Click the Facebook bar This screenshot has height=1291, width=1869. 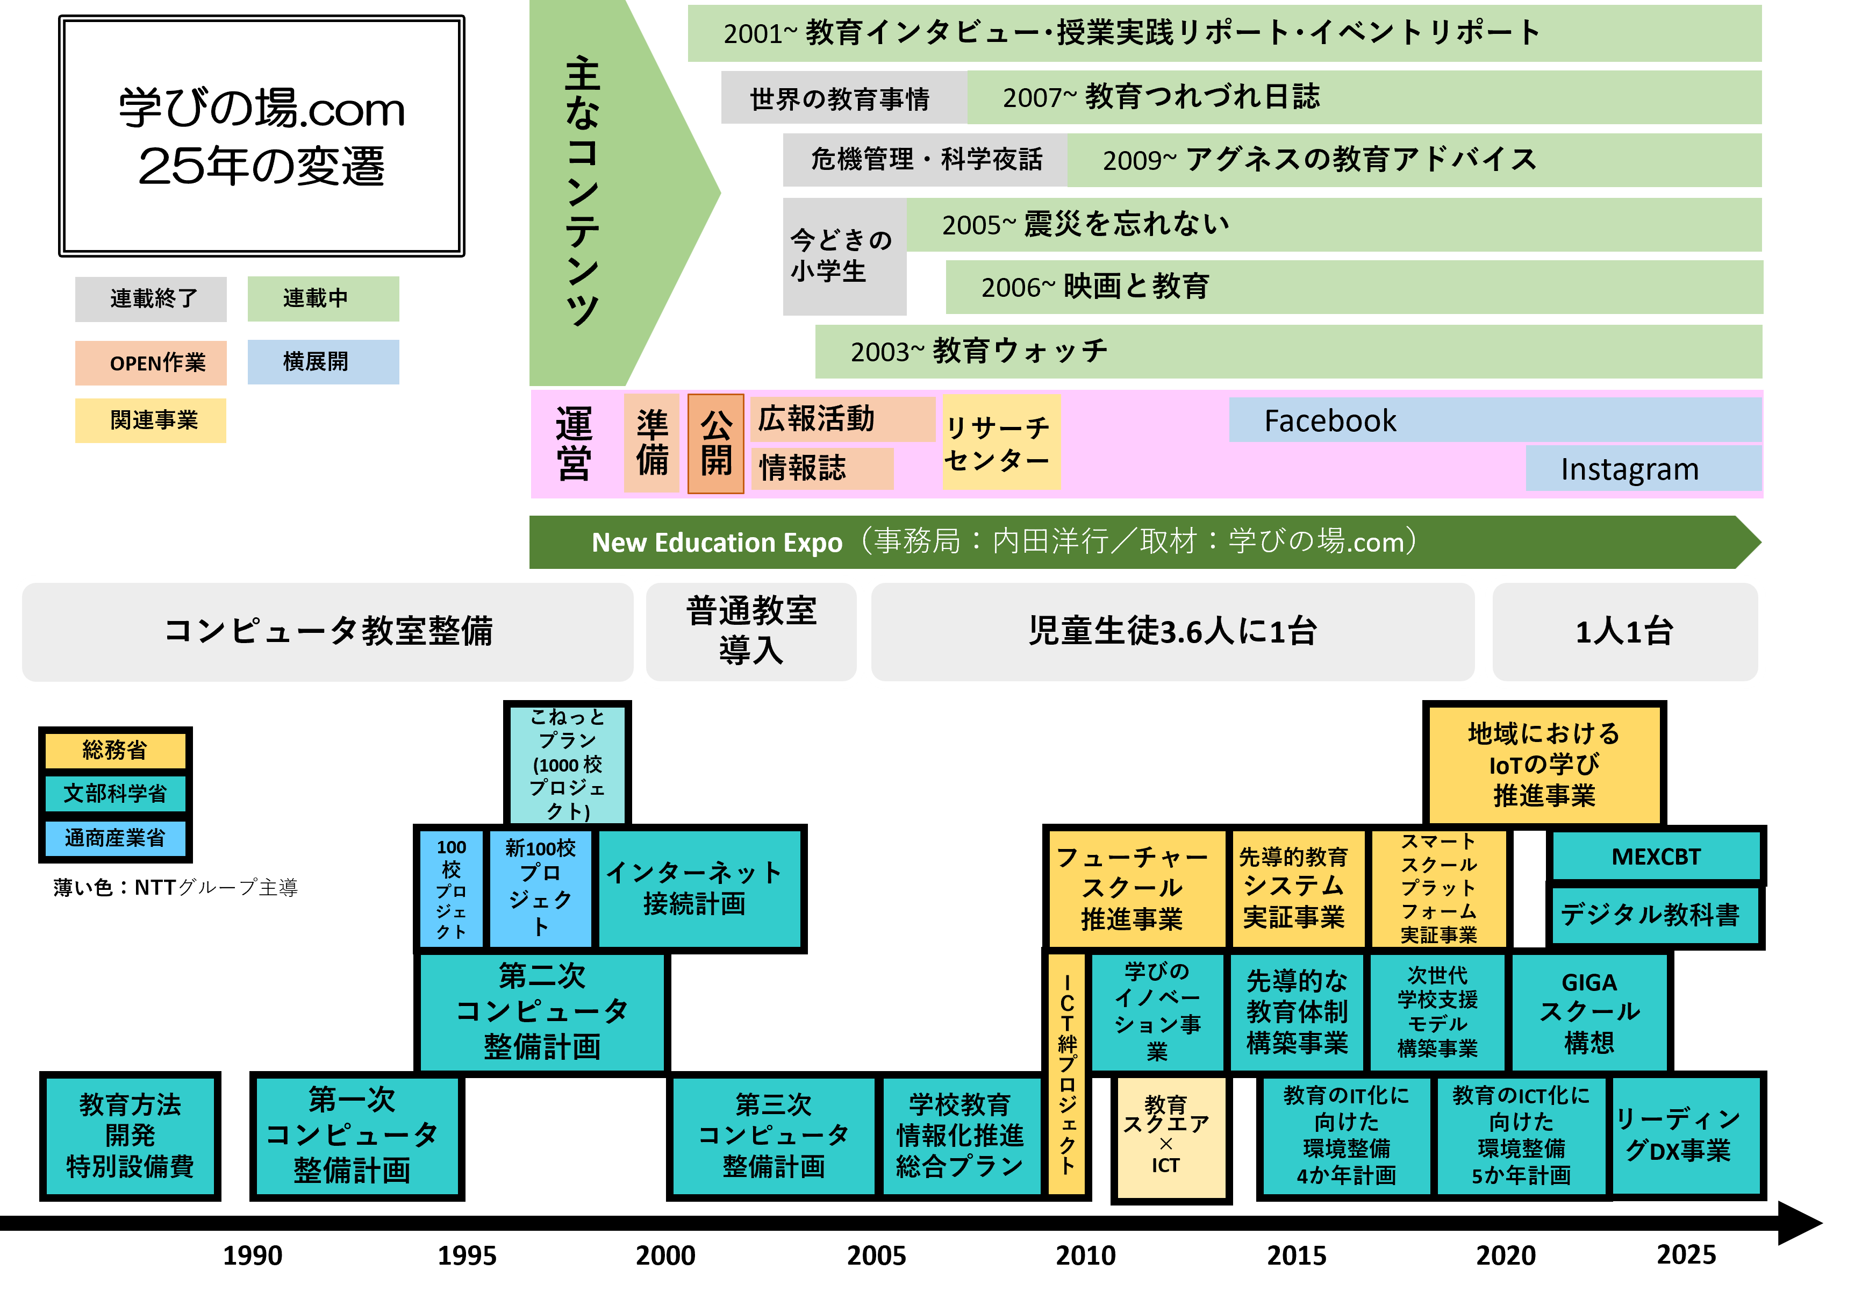(1494, 420)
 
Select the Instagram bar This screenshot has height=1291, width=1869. (1643, 468)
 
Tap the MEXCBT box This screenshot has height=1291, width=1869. (1656, 856)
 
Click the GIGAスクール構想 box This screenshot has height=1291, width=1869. (1588, 1012)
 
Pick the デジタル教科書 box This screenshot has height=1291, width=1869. (1655, 915)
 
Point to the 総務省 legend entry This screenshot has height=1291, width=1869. (115, 751)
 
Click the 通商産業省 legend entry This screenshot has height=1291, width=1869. (115, 838)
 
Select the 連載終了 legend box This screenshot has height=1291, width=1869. (151, 298)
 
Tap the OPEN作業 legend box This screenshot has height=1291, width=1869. (151, 363)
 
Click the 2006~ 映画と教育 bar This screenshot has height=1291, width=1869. (1354, 287)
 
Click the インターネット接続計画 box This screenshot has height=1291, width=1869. (699, 888)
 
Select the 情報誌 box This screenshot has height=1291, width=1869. (822, 468)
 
